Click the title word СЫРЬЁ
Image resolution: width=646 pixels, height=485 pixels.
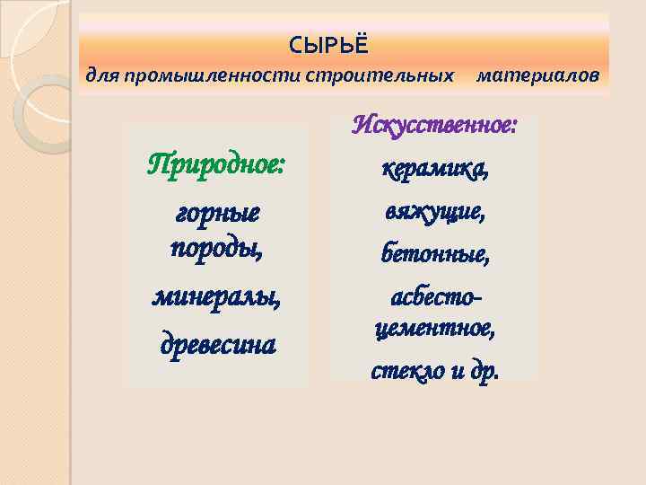(x=328, y=44)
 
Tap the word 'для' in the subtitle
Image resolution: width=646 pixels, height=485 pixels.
(x=101, y=75)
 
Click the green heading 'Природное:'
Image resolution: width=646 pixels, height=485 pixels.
(x=216, y=166)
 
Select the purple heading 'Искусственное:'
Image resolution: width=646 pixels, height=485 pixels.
(x=435, y=124)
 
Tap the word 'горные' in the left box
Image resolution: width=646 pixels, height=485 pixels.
(x=215, y=214)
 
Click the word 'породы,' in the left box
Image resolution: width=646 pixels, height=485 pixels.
(x=216, y=246)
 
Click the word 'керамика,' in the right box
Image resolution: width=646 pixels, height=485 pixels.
(x=435, y=168)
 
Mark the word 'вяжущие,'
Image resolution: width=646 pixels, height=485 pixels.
(x=435, y=212)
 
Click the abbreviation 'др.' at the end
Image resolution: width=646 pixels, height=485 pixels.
(x=484, y=370)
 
